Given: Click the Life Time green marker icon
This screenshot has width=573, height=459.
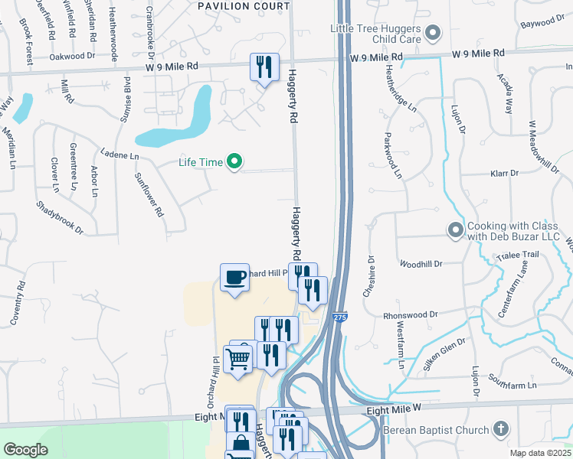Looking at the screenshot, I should coord(236,161).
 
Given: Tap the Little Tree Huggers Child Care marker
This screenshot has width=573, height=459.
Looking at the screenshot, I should coord(434,33).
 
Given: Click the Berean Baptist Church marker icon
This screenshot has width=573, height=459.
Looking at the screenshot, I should coord(500,428).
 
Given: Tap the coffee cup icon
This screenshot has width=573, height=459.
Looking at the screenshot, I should coord(234,277).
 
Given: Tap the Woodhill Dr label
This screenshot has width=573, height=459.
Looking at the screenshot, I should coord(421,264).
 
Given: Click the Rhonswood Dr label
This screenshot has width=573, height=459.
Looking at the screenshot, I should coord(411,314).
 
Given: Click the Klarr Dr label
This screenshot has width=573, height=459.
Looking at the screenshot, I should coord(506,174).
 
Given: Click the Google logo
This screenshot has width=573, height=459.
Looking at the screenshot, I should coord(26,450).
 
